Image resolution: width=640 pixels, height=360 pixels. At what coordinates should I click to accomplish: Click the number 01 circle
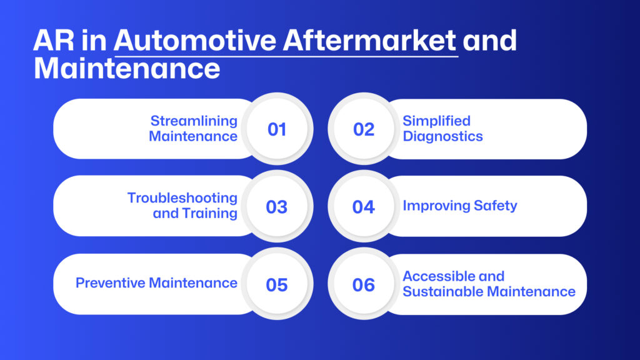(x=277, y=129)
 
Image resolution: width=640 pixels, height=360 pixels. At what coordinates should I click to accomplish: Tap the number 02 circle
(x=364, y=129)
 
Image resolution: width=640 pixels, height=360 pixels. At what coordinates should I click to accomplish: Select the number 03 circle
(x=277, y=206)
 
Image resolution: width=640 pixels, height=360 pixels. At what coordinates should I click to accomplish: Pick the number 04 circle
(x=364, y=206)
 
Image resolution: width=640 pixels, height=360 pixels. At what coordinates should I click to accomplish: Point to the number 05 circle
(x=277, y=284)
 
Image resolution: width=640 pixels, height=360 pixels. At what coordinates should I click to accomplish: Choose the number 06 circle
(x=364, y=284)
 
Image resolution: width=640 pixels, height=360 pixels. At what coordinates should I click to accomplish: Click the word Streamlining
(x=194, y=121)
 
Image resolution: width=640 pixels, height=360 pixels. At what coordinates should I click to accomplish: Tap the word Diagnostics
(x=443, y=136)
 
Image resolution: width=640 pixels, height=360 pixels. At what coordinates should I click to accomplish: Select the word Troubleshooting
(x=182, y=198)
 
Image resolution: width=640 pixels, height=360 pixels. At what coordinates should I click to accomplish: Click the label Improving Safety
(x=460, y=206)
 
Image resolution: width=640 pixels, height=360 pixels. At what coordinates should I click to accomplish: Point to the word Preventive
(x=111, y=283)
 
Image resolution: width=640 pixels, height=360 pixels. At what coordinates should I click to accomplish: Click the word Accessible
(x=439, y=276)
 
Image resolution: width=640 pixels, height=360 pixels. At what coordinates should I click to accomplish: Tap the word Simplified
(x=437, y=121)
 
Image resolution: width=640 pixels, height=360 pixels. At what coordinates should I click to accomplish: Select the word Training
(x=210, y=214)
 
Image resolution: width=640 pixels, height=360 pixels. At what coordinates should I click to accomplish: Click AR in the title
(x=54, y=41)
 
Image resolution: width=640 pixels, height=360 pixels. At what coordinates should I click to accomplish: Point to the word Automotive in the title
(x=195, y=41)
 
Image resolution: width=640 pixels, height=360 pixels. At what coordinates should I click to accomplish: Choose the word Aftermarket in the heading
(x=369, y=41)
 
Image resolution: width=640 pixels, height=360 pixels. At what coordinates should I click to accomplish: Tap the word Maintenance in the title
(x=127, y=68)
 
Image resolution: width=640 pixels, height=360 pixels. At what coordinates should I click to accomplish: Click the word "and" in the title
(x=490, y=41)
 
